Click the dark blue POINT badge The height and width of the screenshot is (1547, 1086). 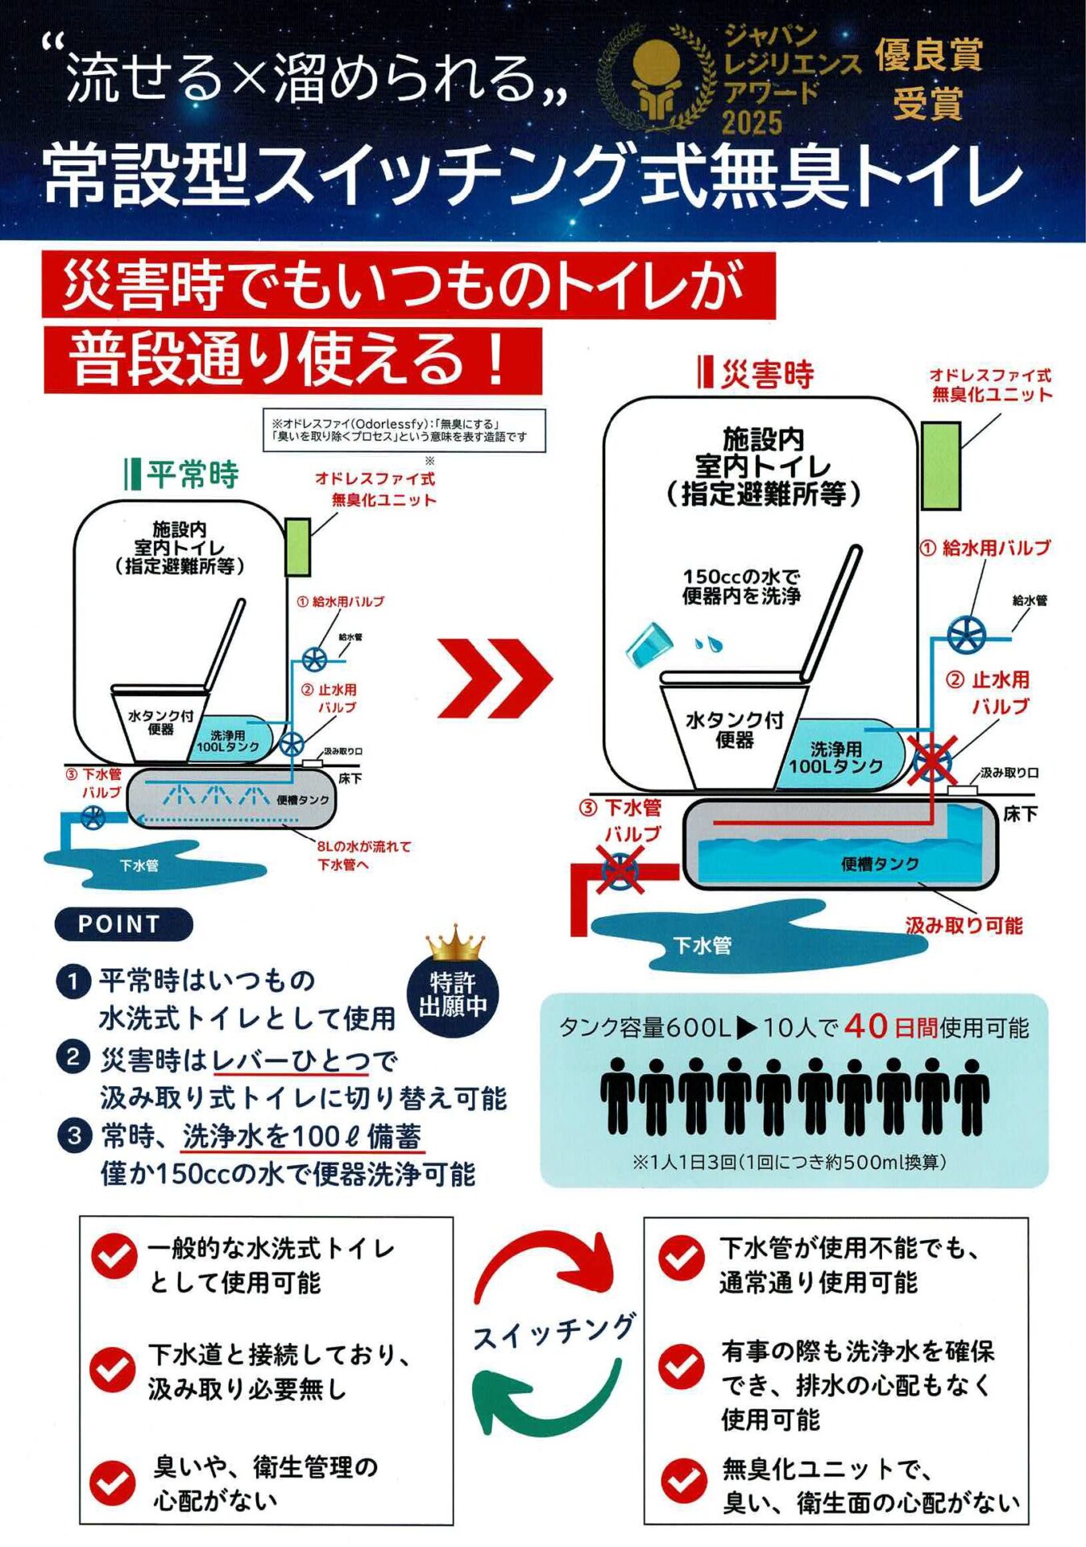point(123,924)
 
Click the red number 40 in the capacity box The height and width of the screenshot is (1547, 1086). point(866,1026)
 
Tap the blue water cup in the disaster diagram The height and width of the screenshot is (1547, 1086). point(649,645)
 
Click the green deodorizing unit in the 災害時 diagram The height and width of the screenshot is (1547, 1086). point(940,466)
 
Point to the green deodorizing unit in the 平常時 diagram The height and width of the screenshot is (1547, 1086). point(298,546)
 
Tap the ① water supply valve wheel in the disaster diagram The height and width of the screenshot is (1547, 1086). point(966,636)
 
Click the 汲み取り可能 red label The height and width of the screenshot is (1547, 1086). point(964,925)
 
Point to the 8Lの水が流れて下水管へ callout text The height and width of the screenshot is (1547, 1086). point(363,855)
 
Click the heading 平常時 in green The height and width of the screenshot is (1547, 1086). point(192,475)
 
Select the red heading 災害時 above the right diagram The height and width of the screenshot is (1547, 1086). point(766,375)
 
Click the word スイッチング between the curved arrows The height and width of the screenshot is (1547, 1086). point(554,1333)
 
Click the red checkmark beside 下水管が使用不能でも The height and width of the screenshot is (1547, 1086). point(682,1258)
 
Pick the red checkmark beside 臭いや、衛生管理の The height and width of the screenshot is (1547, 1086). point(113,1483)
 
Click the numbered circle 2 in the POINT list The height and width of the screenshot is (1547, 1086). point(73,1057)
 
